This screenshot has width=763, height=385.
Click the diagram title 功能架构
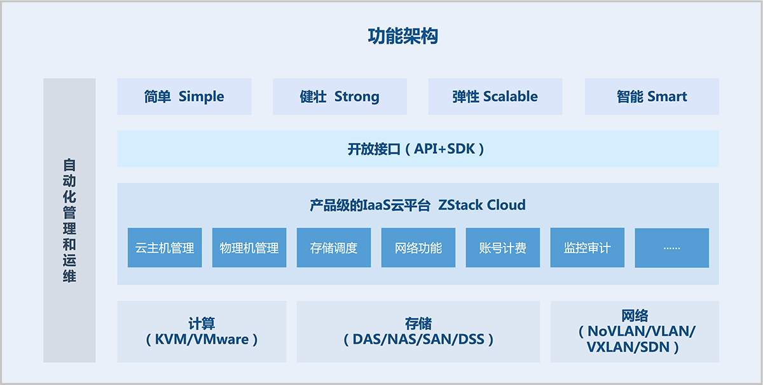[x=403, y=36]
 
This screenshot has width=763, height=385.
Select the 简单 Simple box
[x=184, y=97]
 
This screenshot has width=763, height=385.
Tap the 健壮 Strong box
[x=340, y=97]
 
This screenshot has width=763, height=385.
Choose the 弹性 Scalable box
[x=495, y=97]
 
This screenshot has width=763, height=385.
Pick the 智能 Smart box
[x=652, y=97]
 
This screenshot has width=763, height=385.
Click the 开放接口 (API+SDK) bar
[x=418, y=149]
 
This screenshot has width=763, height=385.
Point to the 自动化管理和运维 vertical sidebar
[x=69, y=220]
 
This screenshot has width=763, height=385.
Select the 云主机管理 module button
[x=165, y=248]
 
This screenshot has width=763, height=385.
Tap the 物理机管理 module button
[x=249, y=248]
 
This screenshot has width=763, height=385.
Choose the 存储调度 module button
[x=334, y=248]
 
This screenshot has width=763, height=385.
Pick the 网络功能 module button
[x=418, y=248]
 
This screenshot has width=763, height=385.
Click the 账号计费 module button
[x=503, y=248]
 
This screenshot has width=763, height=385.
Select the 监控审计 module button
[x=587, y=248]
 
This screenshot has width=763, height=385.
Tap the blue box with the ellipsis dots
[x=671, y=248]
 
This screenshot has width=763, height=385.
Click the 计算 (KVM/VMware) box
[x=202, y=332]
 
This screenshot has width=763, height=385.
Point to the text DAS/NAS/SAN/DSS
[x=418, y=339]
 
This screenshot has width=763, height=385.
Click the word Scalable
[x=510, y=97]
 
